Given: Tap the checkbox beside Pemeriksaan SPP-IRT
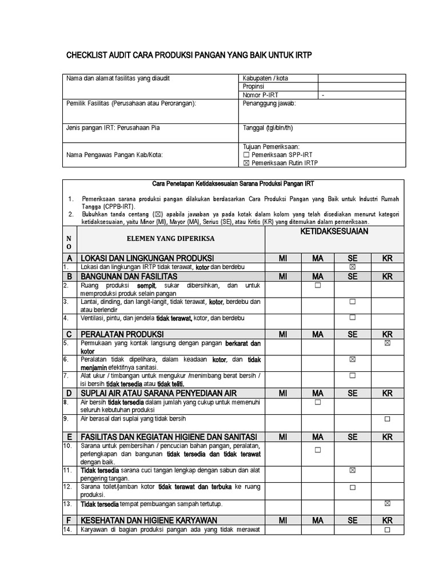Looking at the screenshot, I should pyautogui.click(x=246, y=155).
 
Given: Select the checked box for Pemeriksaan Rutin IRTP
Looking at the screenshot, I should pyautogui.click(x=246, y=163).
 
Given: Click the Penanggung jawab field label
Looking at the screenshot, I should pyautogui.click(x=270, y=103).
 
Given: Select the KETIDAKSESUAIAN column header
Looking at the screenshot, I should pyautogui.click(x=334, y=231).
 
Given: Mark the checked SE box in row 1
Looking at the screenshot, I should pyautogui.click(x=353, y=267).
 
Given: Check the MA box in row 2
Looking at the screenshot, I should pyautogui.click(x=317, y=285).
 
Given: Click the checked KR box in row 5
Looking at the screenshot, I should pyautogui.click(x=388, y=343).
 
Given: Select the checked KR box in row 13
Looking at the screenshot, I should pyautogui.click(x=388, y=503).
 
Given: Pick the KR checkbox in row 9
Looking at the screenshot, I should pyautogui.click(x=388, y=419).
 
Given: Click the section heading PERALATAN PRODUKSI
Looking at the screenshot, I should pyautogui.click(x=122, y=334).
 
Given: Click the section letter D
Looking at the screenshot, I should pyautogui.click(x=69, y=393).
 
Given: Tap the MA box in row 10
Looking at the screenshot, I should pyautogui.click(x=317, y=450).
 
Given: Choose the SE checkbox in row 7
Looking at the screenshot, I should pyautogui.click(x=353, y=375).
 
